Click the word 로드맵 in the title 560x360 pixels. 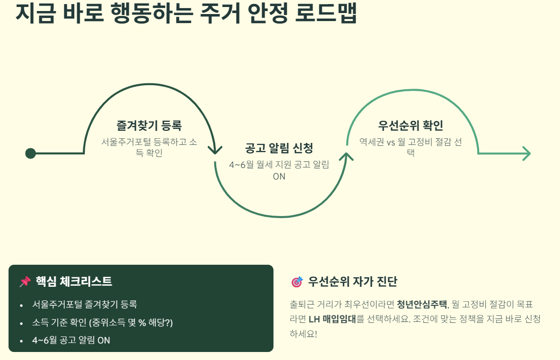point(326,13)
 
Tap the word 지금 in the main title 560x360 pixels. point(36,13)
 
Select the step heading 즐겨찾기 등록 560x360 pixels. point(150,125)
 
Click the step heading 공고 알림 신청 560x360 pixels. point(279,148)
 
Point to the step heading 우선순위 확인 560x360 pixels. point(410,125)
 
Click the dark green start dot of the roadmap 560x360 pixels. point(30,153)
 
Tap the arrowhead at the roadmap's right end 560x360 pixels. point(526,153)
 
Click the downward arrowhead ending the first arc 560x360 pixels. point(215,150)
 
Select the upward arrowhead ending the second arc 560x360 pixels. point(346,157)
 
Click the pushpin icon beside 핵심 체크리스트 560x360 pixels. point(25,281)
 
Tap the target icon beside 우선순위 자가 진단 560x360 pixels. point(297,282)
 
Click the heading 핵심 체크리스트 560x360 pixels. point(74,281)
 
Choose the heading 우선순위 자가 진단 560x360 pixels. point(352,281)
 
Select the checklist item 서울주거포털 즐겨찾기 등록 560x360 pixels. point(85,304)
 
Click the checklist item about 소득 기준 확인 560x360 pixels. point(102,322)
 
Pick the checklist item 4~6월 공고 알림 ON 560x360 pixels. point(71,340)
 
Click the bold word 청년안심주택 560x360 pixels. point(422,304)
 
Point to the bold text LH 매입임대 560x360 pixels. point(332,319)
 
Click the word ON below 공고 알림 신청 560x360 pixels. point(279,176)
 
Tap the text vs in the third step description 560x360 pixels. point(391,142)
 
